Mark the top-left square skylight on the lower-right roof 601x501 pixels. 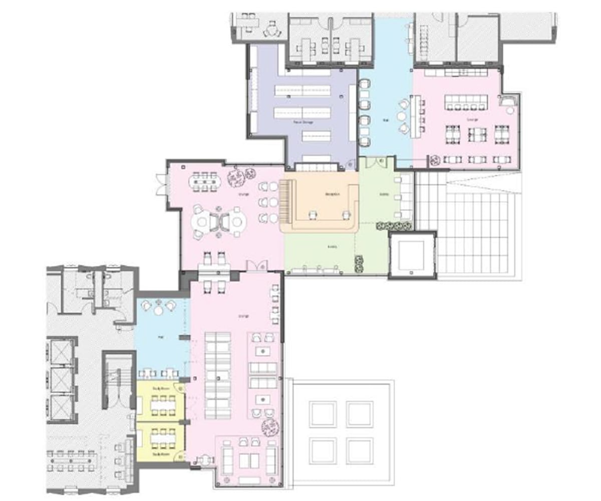pos(322,414)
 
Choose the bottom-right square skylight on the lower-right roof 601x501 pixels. pos(359,450)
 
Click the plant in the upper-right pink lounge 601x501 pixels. pos(434,160)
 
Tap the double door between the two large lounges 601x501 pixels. pos(257,266)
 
